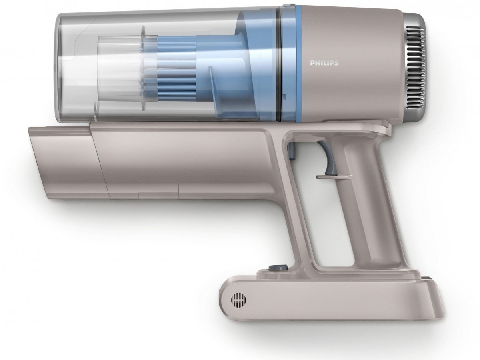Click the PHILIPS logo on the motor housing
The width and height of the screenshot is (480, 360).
point(324,63)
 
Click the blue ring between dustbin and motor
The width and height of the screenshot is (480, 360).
point(299,63)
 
